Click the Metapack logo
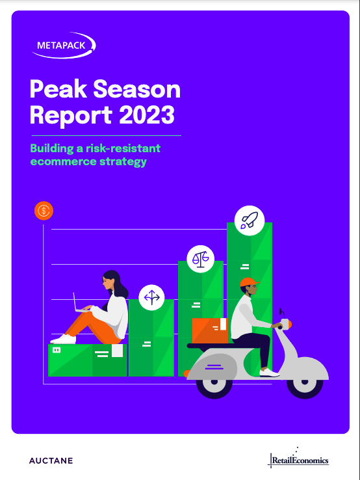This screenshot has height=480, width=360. pos(64,46)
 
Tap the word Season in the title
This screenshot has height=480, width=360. pos(136,89)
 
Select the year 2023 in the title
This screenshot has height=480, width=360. pos(147,114)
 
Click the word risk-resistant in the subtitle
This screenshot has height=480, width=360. pos(123,148)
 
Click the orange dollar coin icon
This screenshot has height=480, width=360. pos(44,211)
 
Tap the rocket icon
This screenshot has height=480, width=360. pos(250,220)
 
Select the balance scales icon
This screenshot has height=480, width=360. pos(200,259)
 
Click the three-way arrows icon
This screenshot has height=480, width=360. pos(151,297)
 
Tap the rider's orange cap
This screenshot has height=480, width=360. pos(250,282)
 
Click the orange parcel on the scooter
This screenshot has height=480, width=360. pos(210,330)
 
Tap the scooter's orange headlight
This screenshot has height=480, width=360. pos(290,324)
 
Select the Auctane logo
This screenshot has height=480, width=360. pos(51,460)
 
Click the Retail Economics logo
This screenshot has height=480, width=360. pos(298,459)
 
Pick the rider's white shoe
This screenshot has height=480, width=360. pos(269,372)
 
